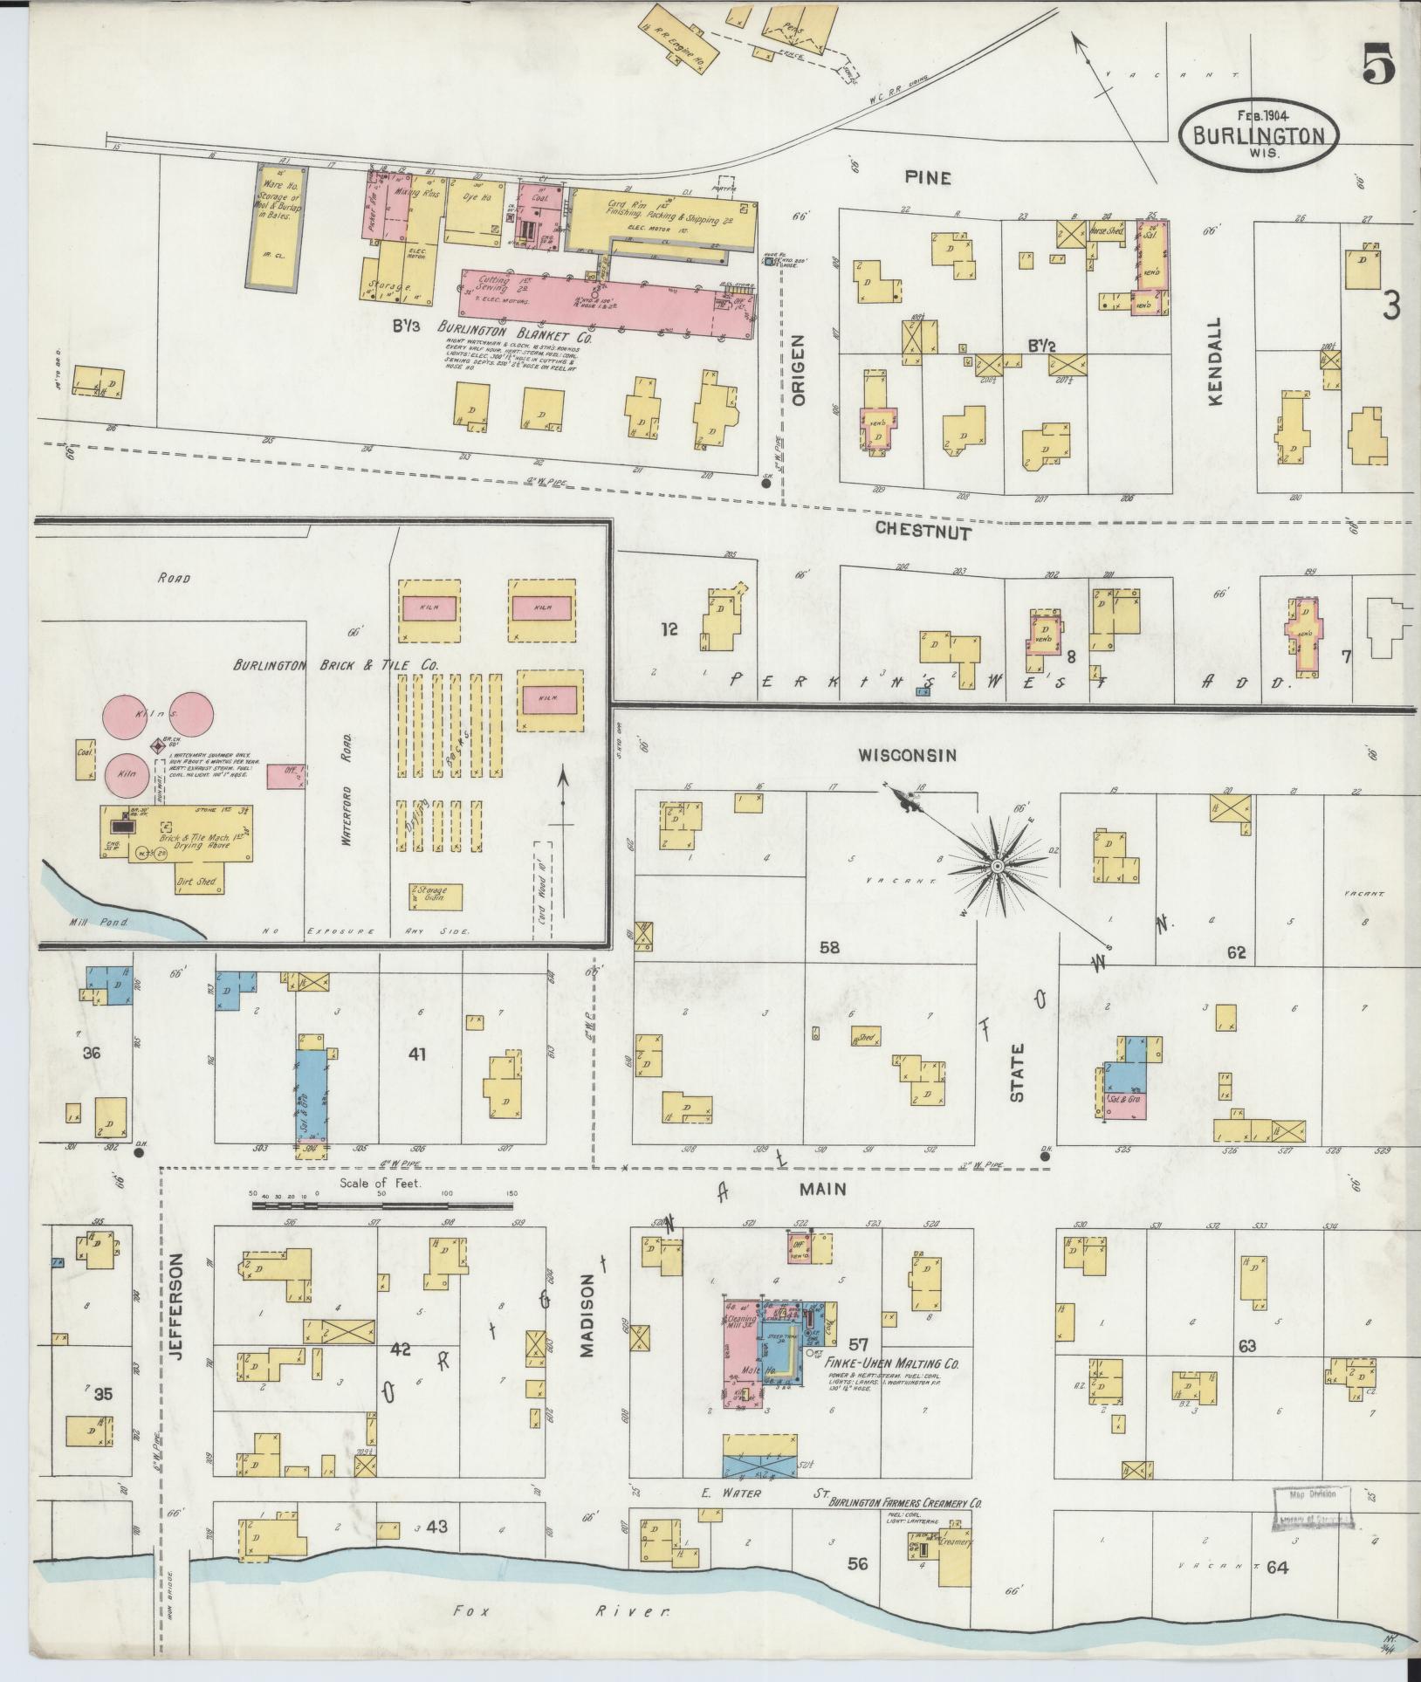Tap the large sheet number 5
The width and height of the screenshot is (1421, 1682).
click(x=1378, y=64)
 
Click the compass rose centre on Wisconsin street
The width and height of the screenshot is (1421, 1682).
click(x=996, y=867)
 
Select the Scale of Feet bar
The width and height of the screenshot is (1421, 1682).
click(x=382, y=1205)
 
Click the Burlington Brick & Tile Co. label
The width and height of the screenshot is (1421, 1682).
click(x=334, y=665)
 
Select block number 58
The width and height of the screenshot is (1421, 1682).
click(x=828, y=945)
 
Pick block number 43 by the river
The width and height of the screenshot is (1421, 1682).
click(x=436, y=1551)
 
